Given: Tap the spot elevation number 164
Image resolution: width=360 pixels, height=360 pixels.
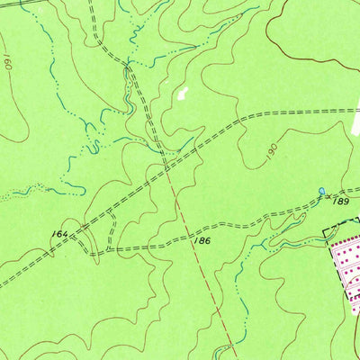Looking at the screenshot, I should point(59,234).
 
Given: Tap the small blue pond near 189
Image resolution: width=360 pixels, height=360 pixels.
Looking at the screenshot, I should point(321,191).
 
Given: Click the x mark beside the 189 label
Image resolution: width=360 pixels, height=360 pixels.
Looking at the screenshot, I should point(329,196).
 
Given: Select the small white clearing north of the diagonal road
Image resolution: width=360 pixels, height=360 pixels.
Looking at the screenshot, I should point(184,92).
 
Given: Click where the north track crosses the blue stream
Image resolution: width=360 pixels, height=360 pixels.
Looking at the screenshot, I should point(131,65).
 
